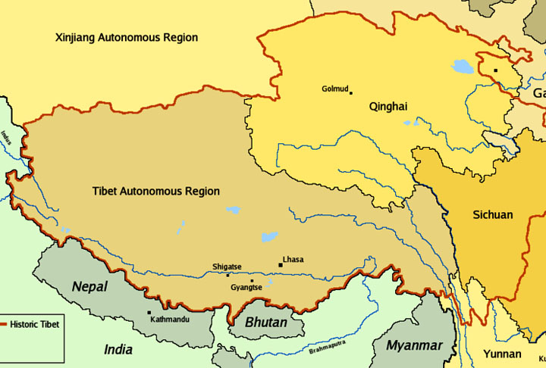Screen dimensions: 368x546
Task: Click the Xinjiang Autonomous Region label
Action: [127, 37]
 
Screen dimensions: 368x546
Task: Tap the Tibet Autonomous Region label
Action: [156, 192]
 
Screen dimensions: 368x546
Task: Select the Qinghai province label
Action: [388, 107]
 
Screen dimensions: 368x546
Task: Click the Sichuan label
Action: [492, 215]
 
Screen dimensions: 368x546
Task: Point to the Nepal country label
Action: [89, 287]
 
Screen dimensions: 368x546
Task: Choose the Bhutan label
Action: [266, 323]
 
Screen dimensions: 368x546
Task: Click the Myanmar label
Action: [414, 345]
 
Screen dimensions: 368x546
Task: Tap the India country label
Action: [118, 350]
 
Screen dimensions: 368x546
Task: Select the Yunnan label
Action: [501, 354]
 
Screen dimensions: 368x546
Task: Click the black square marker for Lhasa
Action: [281, 265]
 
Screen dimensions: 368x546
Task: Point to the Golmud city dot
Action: [350, 93]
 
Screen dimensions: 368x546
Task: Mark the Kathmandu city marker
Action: [149, 312]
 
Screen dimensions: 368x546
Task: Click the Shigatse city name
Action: [227, 267]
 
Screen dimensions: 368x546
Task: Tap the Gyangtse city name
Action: [246, 288]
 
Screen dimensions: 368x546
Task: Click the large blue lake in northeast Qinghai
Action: [462, 67]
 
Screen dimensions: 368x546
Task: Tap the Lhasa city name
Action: [293, 260]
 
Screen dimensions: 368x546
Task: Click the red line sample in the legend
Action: [7, 324]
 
